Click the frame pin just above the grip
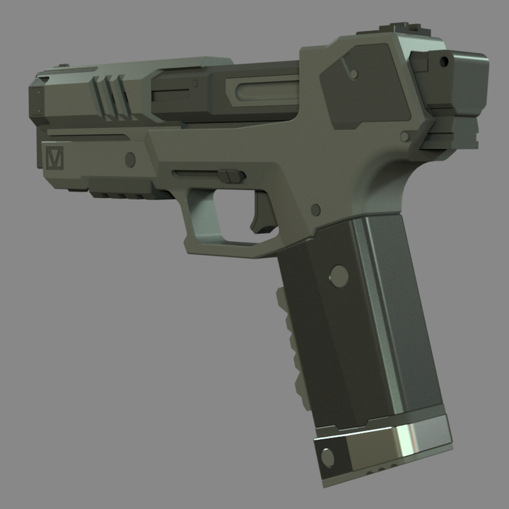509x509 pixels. pos(315,210)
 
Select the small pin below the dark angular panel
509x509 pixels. pos(404,134)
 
